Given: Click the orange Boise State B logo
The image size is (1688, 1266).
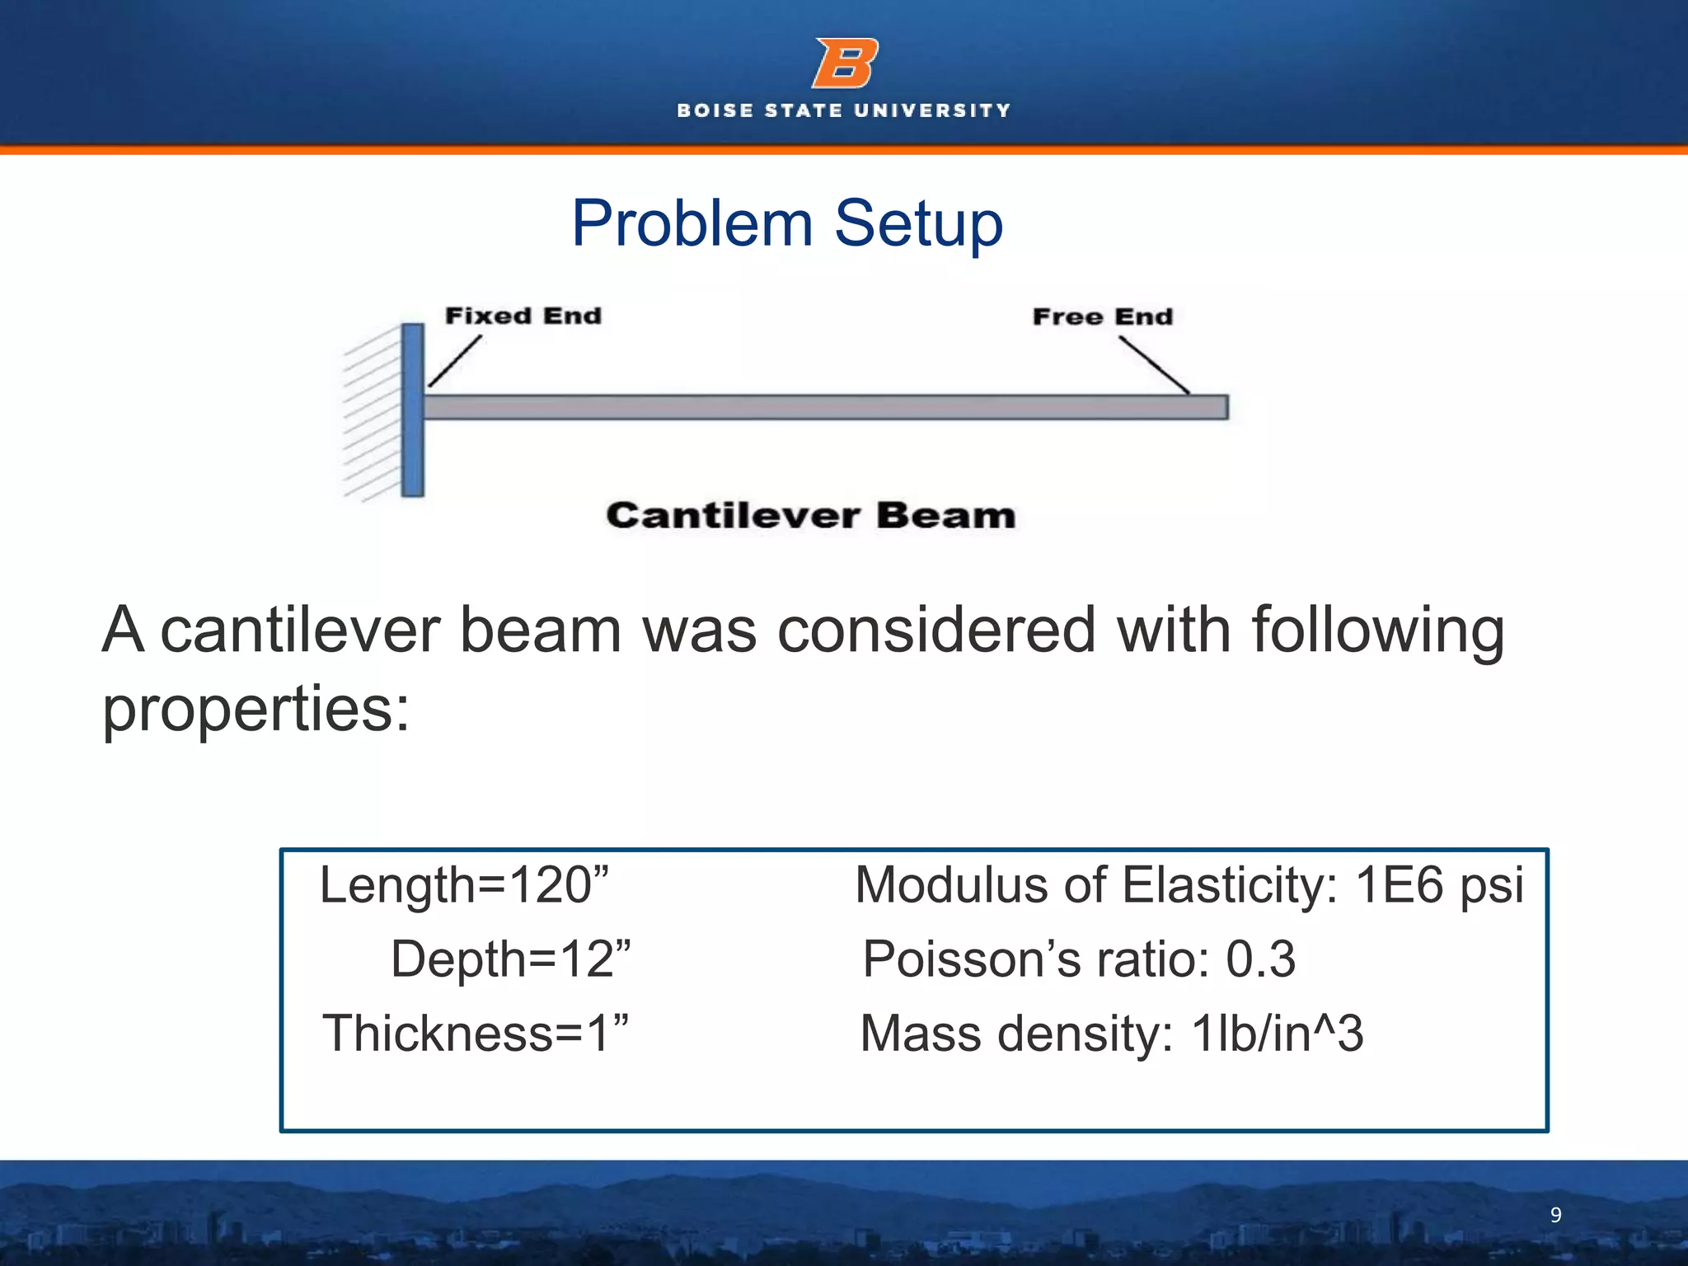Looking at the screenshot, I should pyautogui.click(x=845, y=63).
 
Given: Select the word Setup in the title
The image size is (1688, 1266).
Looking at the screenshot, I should pyautogui.click(x=918, y=223).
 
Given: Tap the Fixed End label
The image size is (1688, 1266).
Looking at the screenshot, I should pyautogui.click(x=523, y=316).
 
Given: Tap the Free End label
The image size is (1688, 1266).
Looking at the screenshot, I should pyautogui.click(x=1102, y=316).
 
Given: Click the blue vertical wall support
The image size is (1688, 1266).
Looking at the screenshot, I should pyautogui.click(x=413, y=410).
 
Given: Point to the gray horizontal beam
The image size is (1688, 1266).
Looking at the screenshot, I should pyautogui.click(x=824, y=407).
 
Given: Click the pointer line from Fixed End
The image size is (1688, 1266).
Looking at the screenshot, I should pyautogui.click(x=454, y=361).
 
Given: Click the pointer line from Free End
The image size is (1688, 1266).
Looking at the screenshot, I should pyautogui.click(x=1154, y=365).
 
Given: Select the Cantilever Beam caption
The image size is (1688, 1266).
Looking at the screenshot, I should pyautogui.click(x=810, y=516).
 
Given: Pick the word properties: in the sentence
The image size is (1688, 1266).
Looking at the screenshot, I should pyautogui.click(x=256, y=709).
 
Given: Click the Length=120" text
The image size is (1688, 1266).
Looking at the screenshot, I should pyautogui.click(x=464, y=885).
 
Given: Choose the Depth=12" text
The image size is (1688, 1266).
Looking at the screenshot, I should pyautogui.click(x=510, y=959).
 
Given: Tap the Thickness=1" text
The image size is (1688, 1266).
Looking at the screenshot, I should pyautogui.click(x=476, y=1034).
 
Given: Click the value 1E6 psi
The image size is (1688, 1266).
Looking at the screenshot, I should pyautogui.click(x=1438, y=885).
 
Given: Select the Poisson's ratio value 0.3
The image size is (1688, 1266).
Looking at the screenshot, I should pyautogui.click(x=1260, y=959).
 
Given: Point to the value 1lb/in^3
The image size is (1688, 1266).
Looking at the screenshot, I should pyautogui.click(x=1277, y=1034).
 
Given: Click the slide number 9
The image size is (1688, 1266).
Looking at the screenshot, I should pyautogui.click(x=1555, y=1215).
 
